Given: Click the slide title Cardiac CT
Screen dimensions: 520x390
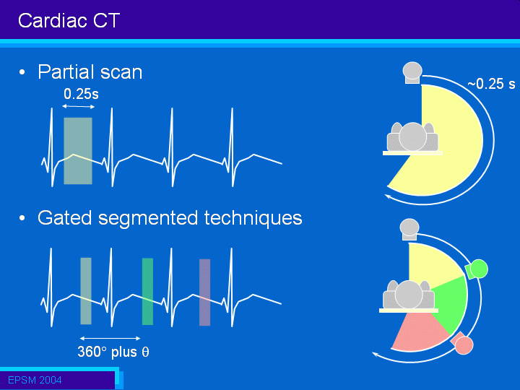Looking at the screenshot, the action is pyautogui.click(x=69, y=20).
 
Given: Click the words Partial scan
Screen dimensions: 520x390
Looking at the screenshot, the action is pyautogui.click(x=90, y=71).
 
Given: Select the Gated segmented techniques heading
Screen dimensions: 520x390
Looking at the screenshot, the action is pyautogui.click(x=170, y=219).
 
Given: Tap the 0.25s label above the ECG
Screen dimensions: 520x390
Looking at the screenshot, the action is pyautogui.click(x=81, y=94).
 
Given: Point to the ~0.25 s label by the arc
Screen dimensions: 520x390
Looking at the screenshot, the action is pyautogui.click(x=491, y=84).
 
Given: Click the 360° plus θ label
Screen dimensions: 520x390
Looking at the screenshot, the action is pyautogui.click(x=113, y=352).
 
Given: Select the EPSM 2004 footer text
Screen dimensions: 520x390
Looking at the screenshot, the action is pyautogui.click(x=35, y=380).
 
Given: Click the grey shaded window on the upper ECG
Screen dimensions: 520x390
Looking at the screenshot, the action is pyautogui.click(x=78, y=151).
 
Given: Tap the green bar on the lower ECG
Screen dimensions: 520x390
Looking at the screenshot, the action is pyautogui.click(x=147, y=292).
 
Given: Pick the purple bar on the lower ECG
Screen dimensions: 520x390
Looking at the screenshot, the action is pyautogui.click(x=204, y=292).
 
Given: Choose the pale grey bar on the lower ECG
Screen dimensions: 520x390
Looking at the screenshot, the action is pyautogui.click(x=86, y=291).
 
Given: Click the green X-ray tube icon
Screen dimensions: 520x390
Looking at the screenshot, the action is pyautogui.click(x=477, y=269).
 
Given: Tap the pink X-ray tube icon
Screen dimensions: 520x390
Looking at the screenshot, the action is pyautogui.click(x=462, y=343).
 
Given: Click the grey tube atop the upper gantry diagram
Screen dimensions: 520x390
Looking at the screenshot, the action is pyautogui.click(x=412, y=72).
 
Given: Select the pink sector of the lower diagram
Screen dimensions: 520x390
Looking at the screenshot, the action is pyautogui.click(x=418, y=331).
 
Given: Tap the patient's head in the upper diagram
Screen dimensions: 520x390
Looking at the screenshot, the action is pyautogui.click(x=412, y=136).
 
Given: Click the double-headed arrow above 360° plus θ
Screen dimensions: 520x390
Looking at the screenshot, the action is pyautogui.click(x=110, y=338).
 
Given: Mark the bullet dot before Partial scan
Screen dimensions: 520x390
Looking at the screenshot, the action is pyautogui.click(x=22, y=72).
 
